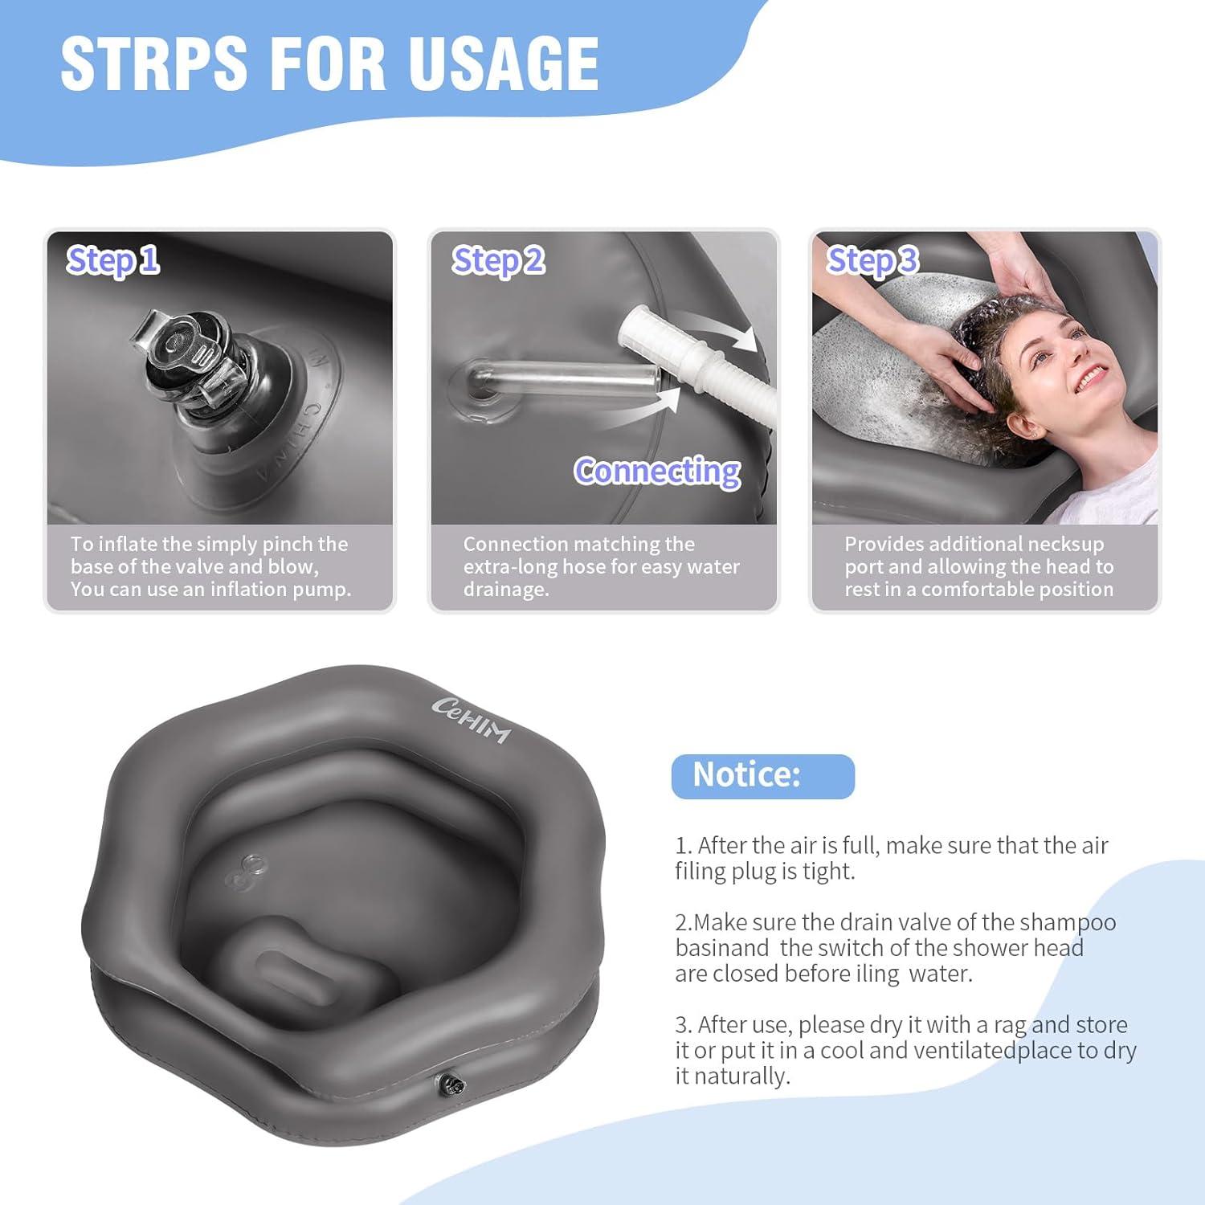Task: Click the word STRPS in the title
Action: (x=154, y=63)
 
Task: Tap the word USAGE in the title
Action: (x=503, y=63)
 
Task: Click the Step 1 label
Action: (x=112, y=260)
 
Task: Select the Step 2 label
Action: (x=498, y=260)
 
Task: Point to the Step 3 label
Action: (x=872, y=260)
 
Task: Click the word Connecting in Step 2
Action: (x=657, y=471)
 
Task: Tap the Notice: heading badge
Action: (x=762, y=776)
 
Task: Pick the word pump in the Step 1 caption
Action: (x=325, y=590)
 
